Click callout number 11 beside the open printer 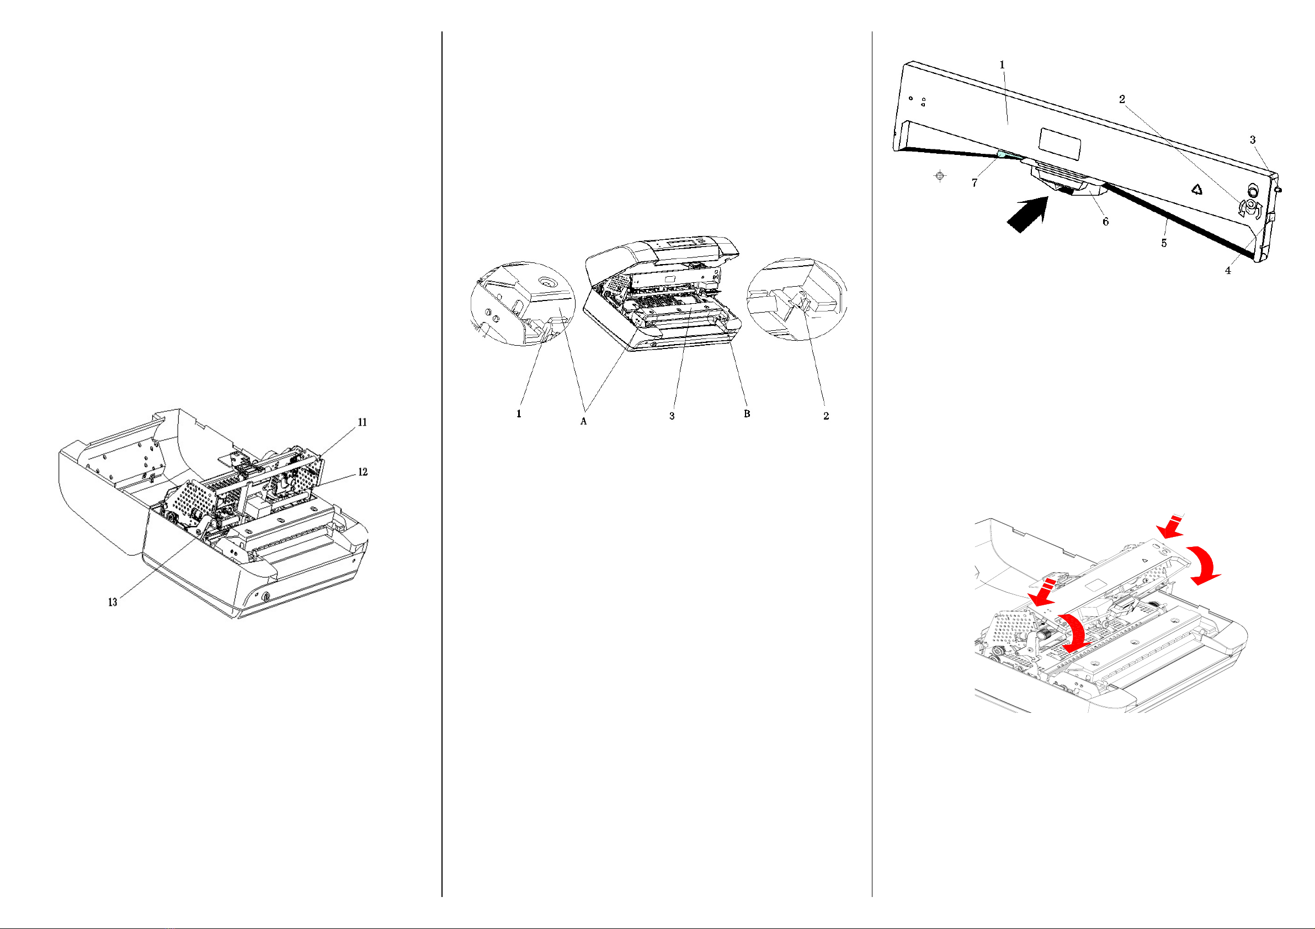[x=362, y=422]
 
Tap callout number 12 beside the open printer [x=363, y=472]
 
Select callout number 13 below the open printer [x=113, y=602]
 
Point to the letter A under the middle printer [x=584, y=421]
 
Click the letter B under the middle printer [x=747, y=414]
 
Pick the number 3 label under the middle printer [x=672, y=416]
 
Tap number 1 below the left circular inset [x=519, y=414]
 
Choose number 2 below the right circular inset [x=826, y=416]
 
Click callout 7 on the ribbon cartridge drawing [x=974, y=183]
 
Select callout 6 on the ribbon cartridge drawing [x=1105, y=222]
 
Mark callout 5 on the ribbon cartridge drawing [x=1164, y=243]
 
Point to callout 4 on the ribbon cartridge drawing [x=1228, y=271]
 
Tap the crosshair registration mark [x=940, y=176]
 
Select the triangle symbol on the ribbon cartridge [x=1196, y=189]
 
